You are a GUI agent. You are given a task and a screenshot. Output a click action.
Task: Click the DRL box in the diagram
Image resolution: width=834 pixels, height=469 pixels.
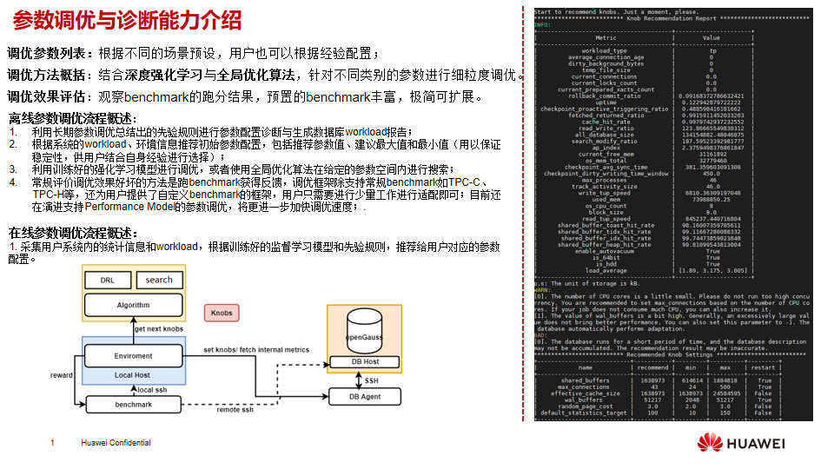pos(107,280)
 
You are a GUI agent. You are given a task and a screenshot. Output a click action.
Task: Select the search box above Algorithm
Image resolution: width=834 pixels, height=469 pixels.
pos(159,280)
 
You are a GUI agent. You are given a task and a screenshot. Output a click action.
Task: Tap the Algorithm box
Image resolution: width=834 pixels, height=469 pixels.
pos(133,305)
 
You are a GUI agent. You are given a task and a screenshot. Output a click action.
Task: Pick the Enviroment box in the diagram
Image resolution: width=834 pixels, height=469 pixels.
pos(133,356)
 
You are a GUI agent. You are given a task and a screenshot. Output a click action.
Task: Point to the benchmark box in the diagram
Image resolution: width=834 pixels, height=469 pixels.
pos(133,405)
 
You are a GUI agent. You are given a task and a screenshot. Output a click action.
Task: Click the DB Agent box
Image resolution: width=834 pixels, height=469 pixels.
pos(365,397)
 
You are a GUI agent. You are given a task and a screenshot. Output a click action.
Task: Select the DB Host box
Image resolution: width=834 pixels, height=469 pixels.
pos(365,361)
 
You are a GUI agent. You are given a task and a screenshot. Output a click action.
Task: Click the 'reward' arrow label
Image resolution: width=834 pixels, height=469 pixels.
pos(62,375)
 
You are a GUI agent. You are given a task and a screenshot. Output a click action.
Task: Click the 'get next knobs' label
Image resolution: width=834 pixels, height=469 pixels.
pos(159,329)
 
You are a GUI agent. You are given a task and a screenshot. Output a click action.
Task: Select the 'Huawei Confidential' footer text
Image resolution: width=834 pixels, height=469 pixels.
pos(116,443)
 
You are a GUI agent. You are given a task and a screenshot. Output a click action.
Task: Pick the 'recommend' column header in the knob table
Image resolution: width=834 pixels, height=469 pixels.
pos(652,368)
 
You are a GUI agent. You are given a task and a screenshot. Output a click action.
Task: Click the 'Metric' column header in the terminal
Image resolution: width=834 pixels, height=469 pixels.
pos(606,38)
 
